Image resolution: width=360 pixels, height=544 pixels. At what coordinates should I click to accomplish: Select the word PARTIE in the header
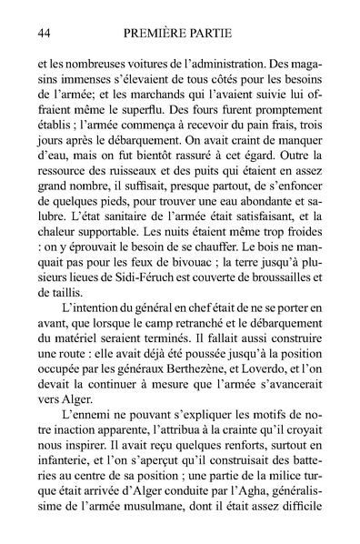click(x=224, y=35)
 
